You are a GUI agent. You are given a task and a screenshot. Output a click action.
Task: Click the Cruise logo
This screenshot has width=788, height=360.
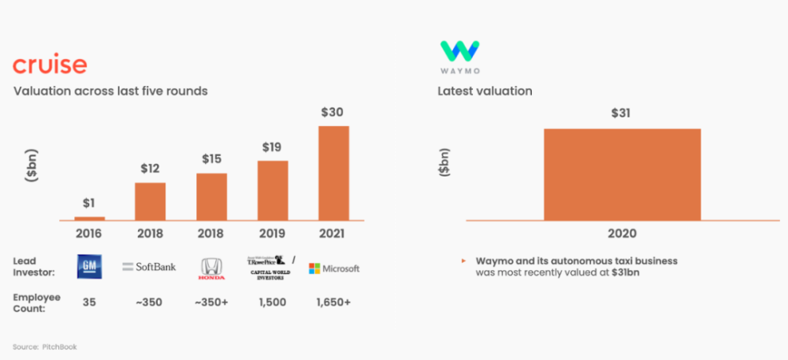tap(50, 65)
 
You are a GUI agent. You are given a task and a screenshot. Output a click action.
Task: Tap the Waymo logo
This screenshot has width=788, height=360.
tap(460, 55)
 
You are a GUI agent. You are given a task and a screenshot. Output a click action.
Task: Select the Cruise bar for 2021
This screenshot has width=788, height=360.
tap(333, 173)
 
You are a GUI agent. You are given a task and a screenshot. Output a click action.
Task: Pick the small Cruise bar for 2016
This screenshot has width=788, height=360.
tap(89, 217)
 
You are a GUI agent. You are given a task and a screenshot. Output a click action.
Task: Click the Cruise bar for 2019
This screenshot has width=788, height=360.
tap(273, 190)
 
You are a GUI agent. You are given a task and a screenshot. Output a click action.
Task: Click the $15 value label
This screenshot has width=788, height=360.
tap(211, 159)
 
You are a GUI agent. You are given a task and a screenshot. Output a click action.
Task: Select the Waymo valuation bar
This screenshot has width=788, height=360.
tap(622, 174)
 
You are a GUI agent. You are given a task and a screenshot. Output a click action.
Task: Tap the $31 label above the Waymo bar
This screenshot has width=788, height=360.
tap(622, 113)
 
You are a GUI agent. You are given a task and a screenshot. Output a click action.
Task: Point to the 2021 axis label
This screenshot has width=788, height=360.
tap(333, 233)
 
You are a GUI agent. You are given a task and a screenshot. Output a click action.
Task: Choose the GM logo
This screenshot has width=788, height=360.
tap(89, 267)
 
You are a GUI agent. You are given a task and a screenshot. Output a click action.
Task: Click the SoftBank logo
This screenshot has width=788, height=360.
tap(150, 267)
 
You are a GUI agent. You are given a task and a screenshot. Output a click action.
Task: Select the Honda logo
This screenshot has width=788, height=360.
tap(211, 268)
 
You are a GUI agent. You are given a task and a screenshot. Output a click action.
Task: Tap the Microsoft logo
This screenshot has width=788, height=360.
tap(333, 268)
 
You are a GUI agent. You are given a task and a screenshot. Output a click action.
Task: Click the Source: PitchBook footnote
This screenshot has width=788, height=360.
tap(45, 347)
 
